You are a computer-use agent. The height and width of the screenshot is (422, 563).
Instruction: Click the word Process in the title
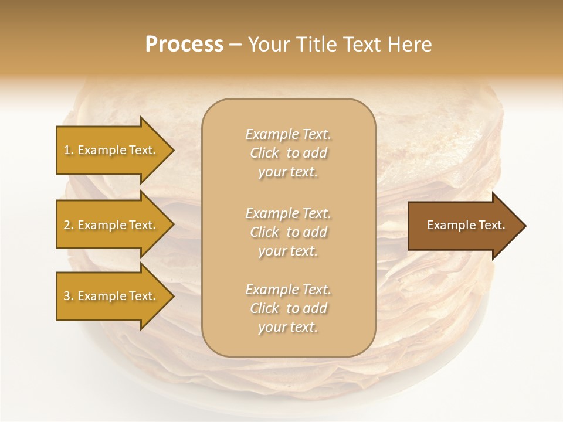click(x=184, y=45)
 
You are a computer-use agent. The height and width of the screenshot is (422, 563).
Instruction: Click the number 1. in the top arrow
click(x=69, y=150)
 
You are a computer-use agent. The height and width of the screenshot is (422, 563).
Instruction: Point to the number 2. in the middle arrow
click(x=69, y=225)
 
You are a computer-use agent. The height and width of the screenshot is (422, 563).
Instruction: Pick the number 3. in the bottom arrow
click(x=69, y=296)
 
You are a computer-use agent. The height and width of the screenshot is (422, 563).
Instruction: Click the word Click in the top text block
click(x=264, y=153)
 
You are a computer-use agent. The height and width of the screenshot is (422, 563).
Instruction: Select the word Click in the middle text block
click(x=264, y=232)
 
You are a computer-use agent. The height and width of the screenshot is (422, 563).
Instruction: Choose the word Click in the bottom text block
click(x=264, y=308)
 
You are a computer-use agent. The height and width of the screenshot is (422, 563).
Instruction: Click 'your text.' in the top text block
click(x=288, y=172)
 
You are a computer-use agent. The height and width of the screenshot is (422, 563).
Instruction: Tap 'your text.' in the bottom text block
click(x=288, y=327)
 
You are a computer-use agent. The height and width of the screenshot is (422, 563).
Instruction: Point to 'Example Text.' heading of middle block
click(x=288, y=213)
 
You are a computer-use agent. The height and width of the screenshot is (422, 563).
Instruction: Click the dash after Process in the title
click(x=236, y=45)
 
